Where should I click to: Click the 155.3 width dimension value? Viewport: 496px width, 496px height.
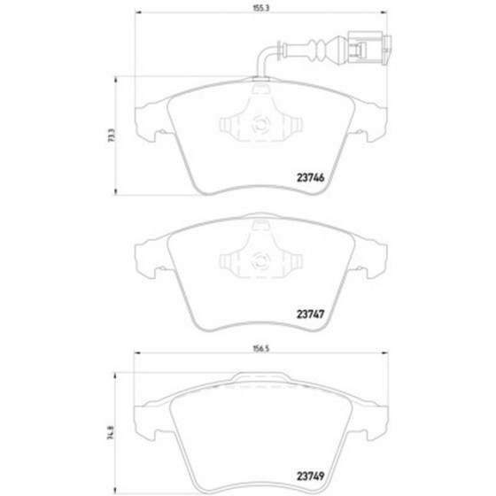[260, 8]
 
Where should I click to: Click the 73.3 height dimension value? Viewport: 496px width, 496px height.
[111, 136]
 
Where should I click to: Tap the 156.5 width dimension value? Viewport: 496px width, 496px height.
[261, 349]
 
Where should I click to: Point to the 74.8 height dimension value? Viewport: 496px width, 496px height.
[111, 433]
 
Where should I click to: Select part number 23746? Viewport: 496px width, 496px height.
[310, 178]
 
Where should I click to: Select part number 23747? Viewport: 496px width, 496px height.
[310, 314]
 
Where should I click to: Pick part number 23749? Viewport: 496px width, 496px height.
[310, 476]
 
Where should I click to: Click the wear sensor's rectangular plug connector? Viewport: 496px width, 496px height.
[369, 48]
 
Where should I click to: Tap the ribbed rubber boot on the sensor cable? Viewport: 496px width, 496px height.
[317, 50]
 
